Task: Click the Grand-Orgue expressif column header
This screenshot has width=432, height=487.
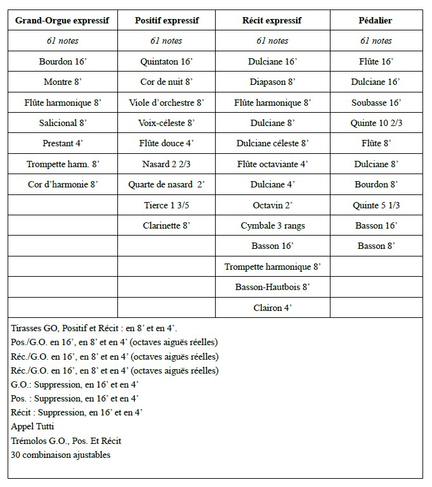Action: (62, 20)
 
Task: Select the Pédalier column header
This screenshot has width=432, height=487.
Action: (376, 20)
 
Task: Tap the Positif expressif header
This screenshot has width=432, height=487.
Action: (167, 20)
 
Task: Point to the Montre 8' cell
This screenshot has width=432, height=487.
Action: (62, 82)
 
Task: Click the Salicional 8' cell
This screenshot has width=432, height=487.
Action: (62, 123)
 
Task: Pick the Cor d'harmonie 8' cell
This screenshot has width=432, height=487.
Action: (62, 184)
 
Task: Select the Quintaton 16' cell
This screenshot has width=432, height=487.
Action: (167, 62)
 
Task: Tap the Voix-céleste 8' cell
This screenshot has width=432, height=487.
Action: (167, 123)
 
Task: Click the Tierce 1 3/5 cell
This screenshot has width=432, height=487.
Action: (167, 205)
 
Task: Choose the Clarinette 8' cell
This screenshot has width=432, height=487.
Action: (167, 225)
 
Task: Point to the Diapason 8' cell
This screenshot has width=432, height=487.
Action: (273, 82)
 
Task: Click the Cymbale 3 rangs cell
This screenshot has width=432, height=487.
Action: (273, 225)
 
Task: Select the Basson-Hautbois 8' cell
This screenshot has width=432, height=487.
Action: (273, 287)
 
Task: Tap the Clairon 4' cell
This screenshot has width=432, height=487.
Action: (273, 308)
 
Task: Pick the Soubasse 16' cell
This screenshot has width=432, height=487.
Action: (376, 103)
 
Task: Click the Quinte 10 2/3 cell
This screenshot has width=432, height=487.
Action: (376, 123)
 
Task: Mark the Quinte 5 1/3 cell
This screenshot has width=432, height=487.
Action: (376, 205)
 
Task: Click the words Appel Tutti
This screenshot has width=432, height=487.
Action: (30, 427)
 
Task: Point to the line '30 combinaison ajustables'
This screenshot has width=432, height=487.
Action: (61, 455)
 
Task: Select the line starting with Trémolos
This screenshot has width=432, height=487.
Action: (66, 441)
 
